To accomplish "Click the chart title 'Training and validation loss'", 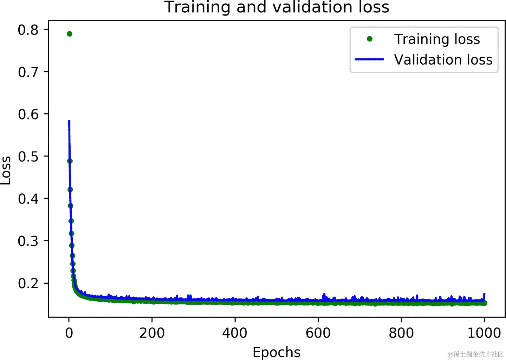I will point(277,7).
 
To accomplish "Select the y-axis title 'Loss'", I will point(6,170).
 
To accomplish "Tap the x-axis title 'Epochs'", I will point(277,352).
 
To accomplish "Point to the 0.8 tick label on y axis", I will point(28,30).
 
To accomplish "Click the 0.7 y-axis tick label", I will point(28,72).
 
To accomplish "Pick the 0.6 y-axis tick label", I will point(28,114).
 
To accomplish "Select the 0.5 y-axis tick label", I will point(28,156).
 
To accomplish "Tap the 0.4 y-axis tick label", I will point(28,199).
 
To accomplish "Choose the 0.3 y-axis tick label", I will point(28,241).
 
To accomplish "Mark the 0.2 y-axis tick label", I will point(28,283).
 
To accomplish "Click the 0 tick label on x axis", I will point(69,333).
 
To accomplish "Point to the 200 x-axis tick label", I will point(152,333).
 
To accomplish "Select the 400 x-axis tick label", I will point(235,333).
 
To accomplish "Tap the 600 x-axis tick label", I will point(318,333).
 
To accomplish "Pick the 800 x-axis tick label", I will point(401,333).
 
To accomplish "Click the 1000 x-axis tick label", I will point(484,333).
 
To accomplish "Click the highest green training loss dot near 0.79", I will point(70,34).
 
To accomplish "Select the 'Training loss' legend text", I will point(437,39).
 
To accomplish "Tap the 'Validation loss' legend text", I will point(443,60).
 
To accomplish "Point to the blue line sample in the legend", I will point(369,59).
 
